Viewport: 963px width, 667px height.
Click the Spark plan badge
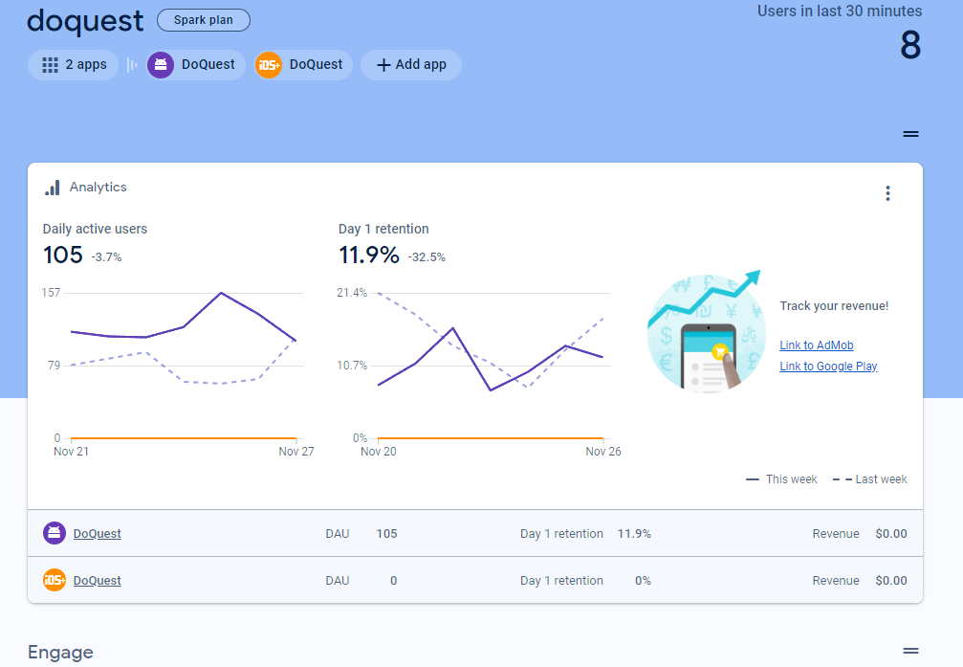(x=204, y=20)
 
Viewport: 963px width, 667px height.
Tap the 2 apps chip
(x=73, y=64)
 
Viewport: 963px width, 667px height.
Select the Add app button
(x=411, y=64)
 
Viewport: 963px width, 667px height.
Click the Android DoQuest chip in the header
(x=195, y=64)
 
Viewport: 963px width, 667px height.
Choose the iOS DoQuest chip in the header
(x=303, y=64)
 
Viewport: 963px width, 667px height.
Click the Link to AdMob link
(x=817, y=345)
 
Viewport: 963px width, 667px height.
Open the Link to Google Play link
(x=828, y=367)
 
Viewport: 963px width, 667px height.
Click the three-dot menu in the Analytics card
(x=887, y=193)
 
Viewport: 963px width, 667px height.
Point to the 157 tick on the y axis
(x=51, y=293)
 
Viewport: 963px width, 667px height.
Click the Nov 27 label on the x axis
(x=296, y=452)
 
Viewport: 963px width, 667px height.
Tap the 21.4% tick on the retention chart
(x=352, y=293)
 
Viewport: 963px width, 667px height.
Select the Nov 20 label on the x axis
(x=379, y=452)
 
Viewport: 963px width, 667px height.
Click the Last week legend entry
(x=869, y=479)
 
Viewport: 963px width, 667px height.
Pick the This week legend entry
(x=781, y=479)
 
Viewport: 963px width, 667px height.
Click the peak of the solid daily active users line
(x=221, y=293)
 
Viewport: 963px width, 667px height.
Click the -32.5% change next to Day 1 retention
(x=427, y=257)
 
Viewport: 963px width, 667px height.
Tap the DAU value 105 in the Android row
(x=387, y=534)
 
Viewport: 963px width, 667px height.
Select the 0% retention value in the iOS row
(x=643, y=581)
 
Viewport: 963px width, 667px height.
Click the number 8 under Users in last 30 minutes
(x=910, y=46)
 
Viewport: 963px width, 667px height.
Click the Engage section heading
(x=61, y=653)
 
